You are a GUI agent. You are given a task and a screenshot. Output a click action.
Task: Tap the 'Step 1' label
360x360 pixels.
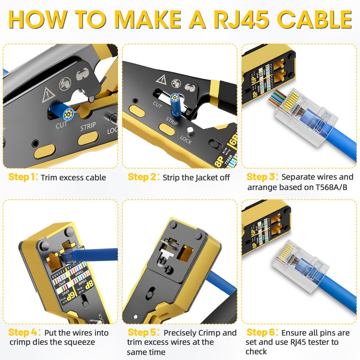click(22, 177)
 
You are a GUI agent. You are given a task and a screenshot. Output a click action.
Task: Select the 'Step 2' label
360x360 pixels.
click(142, 177)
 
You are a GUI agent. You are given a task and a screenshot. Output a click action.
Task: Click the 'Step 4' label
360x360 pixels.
click(22, 332)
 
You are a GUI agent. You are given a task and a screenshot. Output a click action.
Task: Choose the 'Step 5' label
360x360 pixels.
click(142, 332)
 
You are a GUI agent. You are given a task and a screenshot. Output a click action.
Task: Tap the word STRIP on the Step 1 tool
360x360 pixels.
click(88, 127)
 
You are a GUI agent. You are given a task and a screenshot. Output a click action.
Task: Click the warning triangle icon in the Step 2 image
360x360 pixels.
click(161, 79)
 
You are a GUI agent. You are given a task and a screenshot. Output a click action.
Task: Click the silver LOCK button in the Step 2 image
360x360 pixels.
click(190, 131)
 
